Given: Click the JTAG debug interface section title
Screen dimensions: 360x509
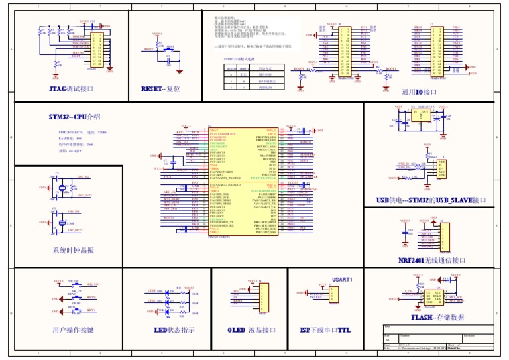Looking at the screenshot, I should (71, 89).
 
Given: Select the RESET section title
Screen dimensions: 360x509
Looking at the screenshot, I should (160, 89).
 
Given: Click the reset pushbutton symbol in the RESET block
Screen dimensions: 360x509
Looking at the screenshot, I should (168, 50).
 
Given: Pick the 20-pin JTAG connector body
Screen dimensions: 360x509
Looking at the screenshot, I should (97, 50).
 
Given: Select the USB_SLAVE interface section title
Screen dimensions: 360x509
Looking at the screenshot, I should (431, 200).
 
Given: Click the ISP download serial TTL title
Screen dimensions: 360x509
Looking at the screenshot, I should (325, 330).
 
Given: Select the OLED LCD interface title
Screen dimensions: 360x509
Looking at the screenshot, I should (251, 330).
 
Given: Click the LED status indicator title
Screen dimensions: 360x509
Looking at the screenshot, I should (174, 330).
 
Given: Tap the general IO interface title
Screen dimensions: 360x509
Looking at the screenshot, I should (420, 92).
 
